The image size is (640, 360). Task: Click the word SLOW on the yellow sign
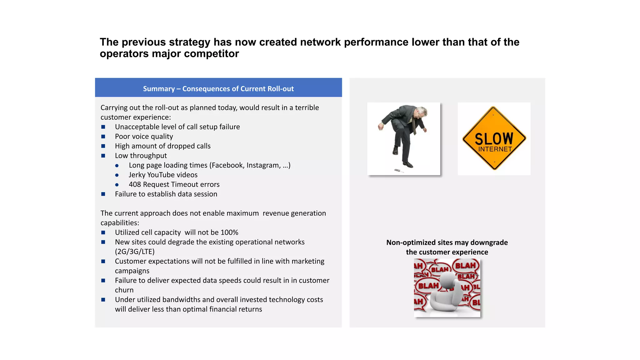[x=494, y=138]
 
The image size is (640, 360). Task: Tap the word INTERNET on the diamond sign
[x=495, y=149]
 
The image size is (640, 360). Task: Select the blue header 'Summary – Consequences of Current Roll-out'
[x=218, y=89]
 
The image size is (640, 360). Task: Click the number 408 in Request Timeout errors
[x=135, y=185]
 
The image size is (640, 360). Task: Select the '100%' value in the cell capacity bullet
[x=229, y=232]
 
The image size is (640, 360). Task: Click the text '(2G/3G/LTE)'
[x=135, y=252]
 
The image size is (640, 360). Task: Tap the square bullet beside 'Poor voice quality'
[x=103, y=137]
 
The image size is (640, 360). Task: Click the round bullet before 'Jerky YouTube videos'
[x=117, y=175]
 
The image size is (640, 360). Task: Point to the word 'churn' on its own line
[x=124, y=290]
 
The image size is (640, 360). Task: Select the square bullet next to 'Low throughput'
[x=103, y=156]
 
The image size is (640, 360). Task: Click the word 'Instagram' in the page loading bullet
[x=263, y=165]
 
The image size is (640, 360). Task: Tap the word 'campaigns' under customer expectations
[x=132, y=271]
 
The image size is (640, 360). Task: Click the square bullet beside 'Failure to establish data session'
[x=103, y=194]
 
